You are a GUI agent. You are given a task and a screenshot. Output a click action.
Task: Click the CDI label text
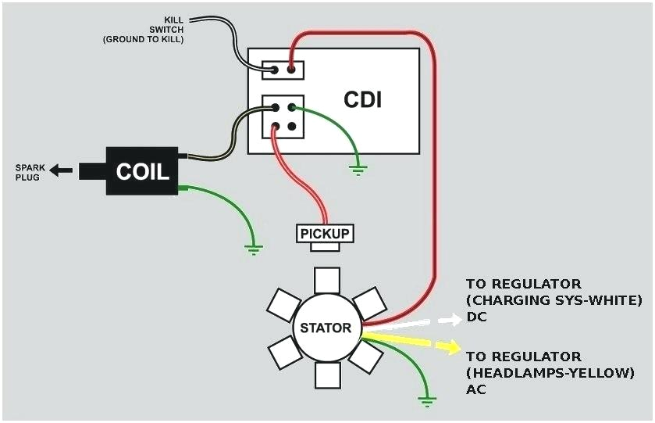coord(362,99)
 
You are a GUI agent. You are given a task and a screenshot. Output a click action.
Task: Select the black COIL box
coord(142,171)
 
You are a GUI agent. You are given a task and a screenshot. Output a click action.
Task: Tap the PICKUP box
coord(326,233)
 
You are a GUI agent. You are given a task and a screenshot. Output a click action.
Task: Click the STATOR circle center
coord(326,328)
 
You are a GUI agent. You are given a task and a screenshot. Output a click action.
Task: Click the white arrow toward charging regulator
coord(450,318)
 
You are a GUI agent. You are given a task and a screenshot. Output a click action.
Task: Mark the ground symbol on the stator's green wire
coord(425,400)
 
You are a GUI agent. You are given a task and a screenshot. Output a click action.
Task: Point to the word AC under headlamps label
coord(476,389)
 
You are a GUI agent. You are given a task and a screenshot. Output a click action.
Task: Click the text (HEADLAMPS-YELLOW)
coord(550,373)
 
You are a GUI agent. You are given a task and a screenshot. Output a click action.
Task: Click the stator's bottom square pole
coord(326,376)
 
